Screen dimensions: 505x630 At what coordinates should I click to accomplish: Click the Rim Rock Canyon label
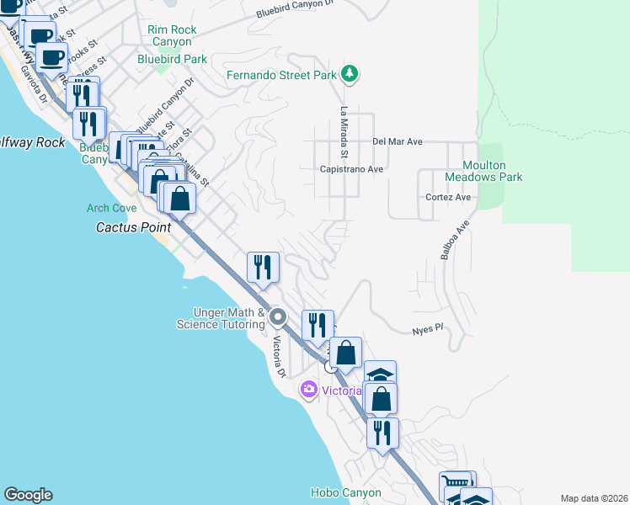click(x=172, y=35)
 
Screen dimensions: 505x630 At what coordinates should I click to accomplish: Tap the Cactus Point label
click(x=133, y=227)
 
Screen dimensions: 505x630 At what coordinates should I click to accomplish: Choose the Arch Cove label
click(x=111, y=208)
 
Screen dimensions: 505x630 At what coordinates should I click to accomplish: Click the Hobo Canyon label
click(x=345, y=492)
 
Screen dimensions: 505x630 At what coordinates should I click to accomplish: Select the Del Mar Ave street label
click(x=397, y=142)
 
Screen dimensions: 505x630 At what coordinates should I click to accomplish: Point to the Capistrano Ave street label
click(x=351, y=169)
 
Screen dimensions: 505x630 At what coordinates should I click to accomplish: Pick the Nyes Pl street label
click(x=427, y=329)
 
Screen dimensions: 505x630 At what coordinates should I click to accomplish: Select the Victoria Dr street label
click(x=278, y=357)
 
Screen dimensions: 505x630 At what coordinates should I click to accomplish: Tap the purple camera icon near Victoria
click(x=309, y=389)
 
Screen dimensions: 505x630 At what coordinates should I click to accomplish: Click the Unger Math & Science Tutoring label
click(x=221, y=318)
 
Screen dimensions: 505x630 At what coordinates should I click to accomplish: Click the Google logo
click(x=28, y=495)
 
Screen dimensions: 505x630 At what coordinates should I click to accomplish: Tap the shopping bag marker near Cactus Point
click(x=179, y=199)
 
